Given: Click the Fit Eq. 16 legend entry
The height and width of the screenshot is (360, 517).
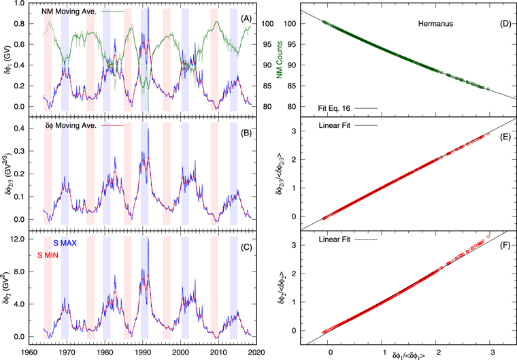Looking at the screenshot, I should click(338, 108).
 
